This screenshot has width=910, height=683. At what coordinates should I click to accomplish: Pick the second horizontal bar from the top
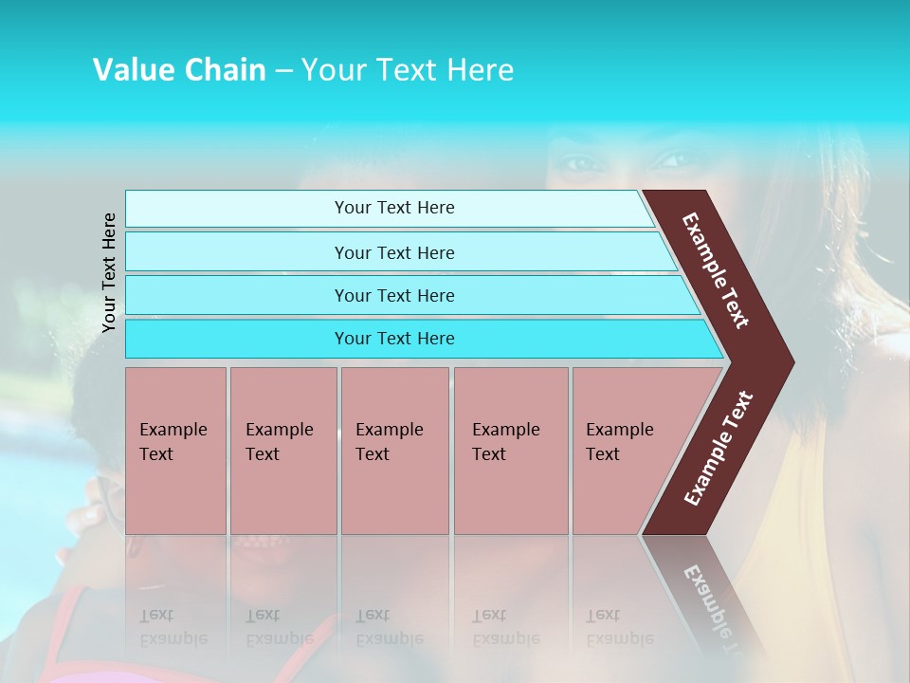393,252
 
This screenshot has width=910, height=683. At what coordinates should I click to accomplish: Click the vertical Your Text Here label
109,272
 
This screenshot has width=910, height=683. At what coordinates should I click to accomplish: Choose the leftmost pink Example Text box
175,451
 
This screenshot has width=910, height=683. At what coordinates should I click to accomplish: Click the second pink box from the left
283,451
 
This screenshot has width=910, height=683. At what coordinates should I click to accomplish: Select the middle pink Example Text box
394,451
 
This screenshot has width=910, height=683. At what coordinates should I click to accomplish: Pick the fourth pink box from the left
511,451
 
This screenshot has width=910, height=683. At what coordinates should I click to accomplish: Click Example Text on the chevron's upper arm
716,270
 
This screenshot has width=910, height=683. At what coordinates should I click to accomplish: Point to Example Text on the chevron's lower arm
719,448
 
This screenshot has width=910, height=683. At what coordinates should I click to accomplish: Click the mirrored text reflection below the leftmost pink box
173,627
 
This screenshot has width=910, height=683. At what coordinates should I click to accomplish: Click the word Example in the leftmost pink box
173,430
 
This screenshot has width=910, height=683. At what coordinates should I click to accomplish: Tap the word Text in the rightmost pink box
603,454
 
